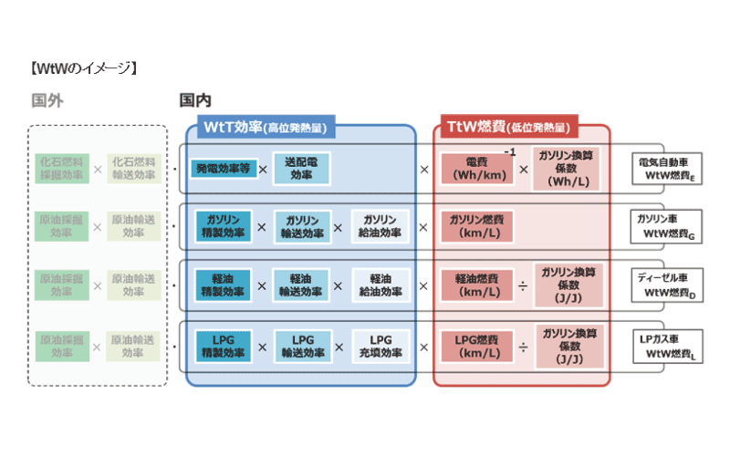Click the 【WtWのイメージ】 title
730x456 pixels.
(83, 67)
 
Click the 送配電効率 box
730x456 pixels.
(300, 169)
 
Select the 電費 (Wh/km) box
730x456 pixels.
(476, 169)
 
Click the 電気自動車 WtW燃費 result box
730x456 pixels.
(668, 168)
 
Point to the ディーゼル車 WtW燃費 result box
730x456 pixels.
(668, 285)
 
